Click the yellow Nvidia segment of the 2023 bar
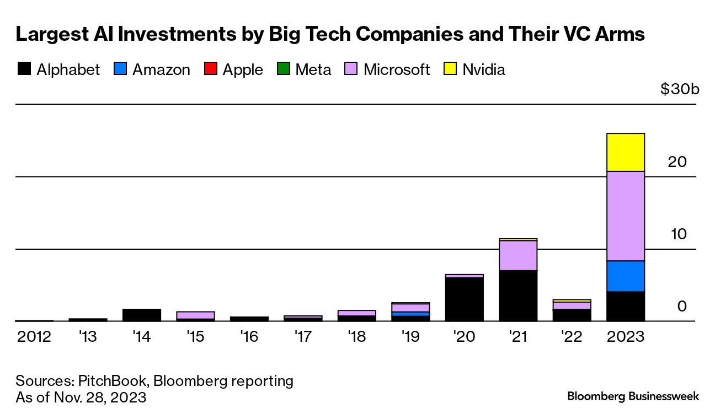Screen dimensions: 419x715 625,152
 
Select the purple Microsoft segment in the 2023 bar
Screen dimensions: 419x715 625,216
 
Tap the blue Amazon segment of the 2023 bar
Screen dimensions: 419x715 625,276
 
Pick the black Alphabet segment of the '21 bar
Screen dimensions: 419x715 517,296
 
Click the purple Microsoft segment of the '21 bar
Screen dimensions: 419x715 517,255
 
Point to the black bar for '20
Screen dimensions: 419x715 464,299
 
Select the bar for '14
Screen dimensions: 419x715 142,315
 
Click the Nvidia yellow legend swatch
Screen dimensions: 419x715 450,69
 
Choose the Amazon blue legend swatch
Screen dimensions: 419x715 120,69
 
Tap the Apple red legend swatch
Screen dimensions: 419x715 211,69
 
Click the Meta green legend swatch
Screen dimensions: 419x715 283,69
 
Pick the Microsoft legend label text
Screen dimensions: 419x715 396,70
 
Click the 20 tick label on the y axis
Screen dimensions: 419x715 677,162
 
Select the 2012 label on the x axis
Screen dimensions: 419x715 34,336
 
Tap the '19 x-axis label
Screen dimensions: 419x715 410,336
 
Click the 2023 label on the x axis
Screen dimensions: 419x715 625,336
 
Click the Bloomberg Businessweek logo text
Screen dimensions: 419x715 633,396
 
